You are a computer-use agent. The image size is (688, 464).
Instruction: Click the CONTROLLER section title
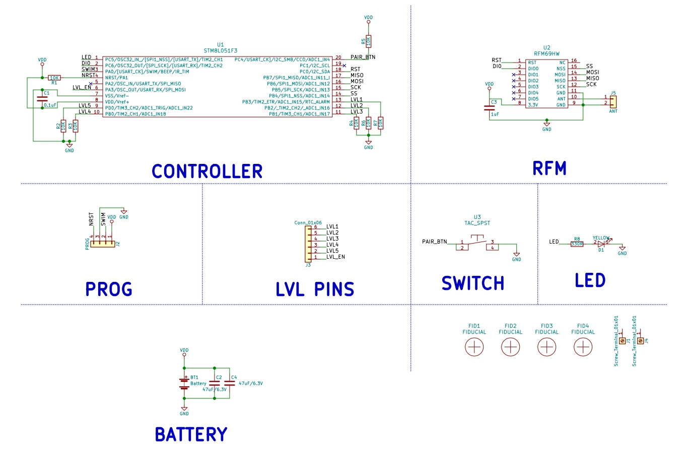[207, 171]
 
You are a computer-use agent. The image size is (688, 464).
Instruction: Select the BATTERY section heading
[191, 434]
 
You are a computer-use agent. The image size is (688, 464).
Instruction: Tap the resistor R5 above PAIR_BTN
[368, 41]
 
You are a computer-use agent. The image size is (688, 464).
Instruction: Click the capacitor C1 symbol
[42, 99]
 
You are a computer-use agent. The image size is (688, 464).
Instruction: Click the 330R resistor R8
[577, 244]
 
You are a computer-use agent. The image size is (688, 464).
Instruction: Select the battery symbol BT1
[184, 383]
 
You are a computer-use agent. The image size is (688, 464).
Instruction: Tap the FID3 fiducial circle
[546, 347]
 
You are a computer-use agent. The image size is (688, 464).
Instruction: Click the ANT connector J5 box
[613, 102]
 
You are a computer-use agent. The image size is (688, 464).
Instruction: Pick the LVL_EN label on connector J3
[335, 257]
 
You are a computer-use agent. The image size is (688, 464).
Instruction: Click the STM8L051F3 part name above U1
[221, 50]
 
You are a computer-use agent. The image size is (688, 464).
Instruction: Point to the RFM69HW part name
[546, 53]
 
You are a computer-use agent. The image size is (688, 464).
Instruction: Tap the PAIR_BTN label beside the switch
[435, 242]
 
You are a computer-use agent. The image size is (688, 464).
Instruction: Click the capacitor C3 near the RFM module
[489, 108]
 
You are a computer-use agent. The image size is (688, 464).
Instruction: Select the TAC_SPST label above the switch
[477, 223]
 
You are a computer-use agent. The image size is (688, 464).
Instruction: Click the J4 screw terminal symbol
[640, 341]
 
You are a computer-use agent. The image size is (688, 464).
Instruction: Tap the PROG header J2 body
[103, 244]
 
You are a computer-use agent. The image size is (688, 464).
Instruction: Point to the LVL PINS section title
[315, 289]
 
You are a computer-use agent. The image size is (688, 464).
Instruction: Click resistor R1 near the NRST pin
[54, 78]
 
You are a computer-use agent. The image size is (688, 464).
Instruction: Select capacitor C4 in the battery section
[230, 383]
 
